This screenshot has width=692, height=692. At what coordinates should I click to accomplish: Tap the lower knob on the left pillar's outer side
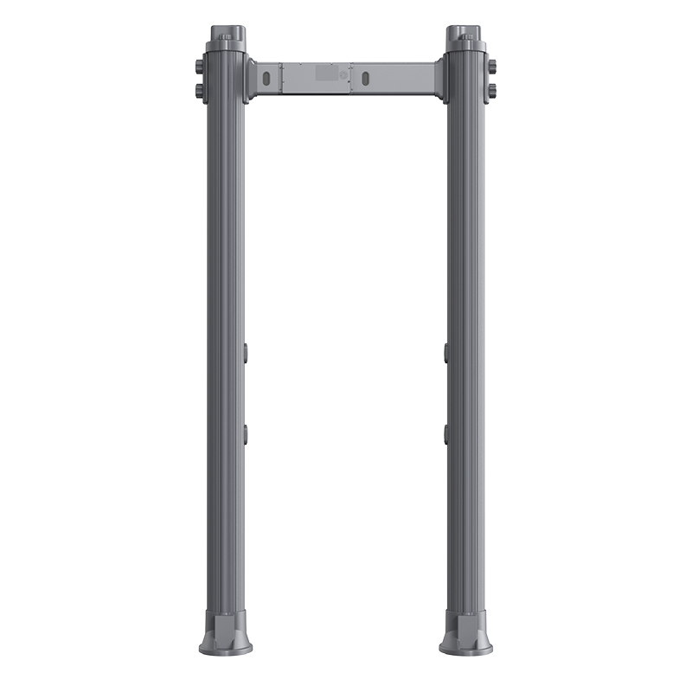(200, 90)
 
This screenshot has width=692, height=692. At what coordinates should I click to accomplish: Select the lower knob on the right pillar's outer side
(491, 90)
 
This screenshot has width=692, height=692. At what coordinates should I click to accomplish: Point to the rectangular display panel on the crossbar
(327, 74)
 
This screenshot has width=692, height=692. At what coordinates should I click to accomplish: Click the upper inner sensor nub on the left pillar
(246, 351)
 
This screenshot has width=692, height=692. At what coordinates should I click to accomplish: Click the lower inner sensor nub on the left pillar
(246, 433)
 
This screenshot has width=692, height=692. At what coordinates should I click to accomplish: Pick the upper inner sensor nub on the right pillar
(446, 351)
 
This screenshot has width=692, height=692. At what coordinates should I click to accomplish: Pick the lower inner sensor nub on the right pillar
(446, 433)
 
